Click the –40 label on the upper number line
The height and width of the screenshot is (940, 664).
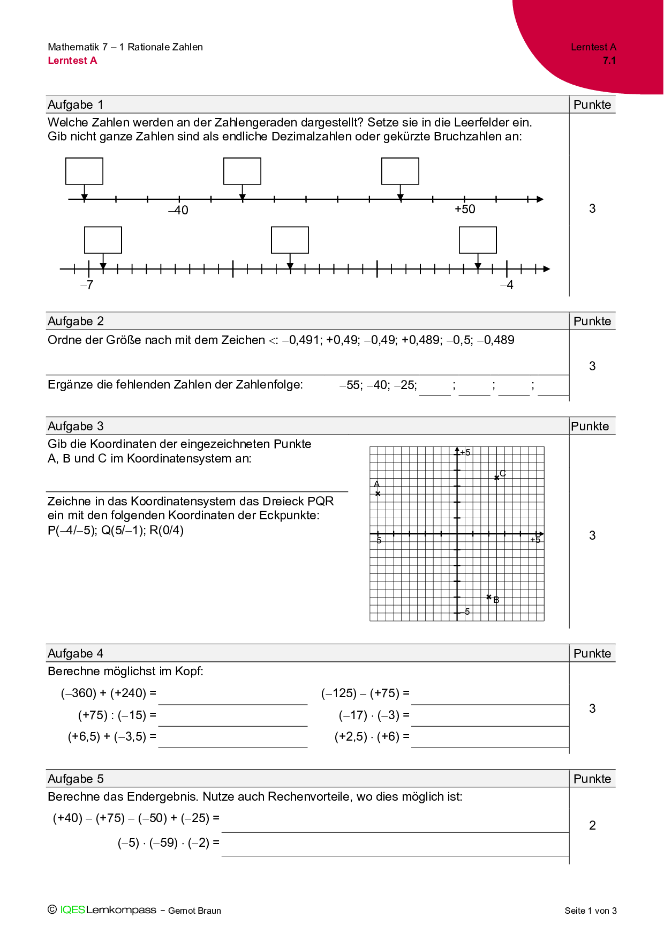(x=178, y=210)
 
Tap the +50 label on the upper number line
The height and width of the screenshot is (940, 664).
(x=465, y=209)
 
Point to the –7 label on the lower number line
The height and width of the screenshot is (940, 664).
(x=87, y=285)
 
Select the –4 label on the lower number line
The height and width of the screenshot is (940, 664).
(x=507, y=285)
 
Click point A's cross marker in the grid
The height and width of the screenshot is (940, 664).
(x=378, y=494)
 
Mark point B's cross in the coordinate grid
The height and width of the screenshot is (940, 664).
(x=489, y=596)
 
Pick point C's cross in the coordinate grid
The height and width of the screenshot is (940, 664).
(x=497, y=477)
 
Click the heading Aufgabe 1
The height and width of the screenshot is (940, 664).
(x=76, y=105)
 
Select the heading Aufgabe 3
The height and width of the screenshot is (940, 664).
(x=76, y=426)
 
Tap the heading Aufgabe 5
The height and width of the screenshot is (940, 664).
(x=76, y=779)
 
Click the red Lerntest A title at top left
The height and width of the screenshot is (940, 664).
(x=72, y=61)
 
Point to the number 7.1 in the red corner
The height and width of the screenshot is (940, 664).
(x=609, y=61)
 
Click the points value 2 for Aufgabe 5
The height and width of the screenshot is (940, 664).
(x=592, y=825)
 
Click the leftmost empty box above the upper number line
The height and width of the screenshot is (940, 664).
(x=84, y=171)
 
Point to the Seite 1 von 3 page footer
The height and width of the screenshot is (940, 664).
(x=591, y=911)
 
